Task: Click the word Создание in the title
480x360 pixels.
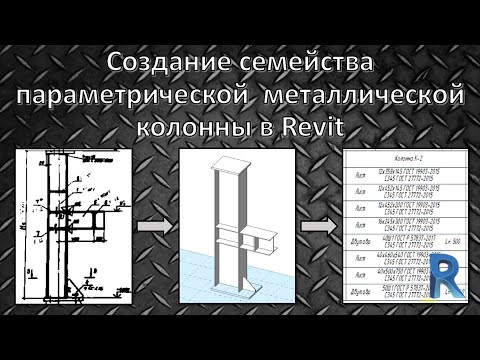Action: [x=172, y=64]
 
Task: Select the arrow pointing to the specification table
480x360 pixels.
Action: [x=320, y=227]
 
